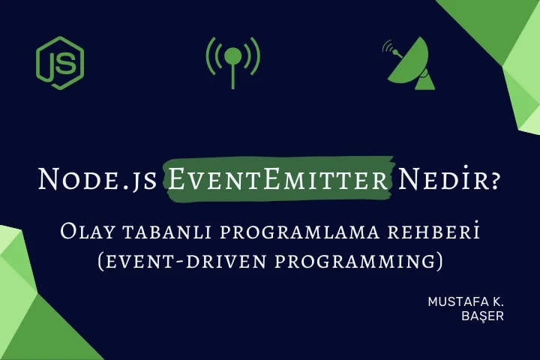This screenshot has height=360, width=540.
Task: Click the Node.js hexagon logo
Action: click(60, 63)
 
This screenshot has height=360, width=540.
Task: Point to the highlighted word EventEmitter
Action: click(279, 179)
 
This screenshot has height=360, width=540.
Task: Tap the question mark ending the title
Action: click(496, 180)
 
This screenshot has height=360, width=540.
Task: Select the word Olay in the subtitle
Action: click(86, 232)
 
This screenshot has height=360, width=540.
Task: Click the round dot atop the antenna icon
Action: click(233, 55)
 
